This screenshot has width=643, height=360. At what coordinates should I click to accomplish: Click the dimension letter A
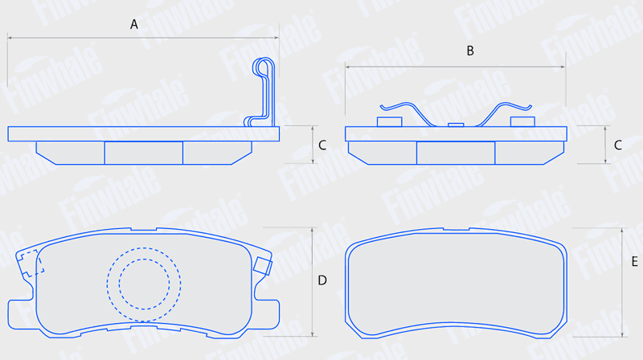[134, 25]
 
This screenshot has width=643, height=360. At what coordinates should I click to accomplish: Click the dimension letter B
[470, 51]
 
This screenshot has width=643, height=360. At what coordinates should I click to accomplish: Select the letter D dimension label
[322, 280]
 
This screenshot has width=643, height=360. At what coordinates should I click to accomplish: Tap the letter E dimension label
[634, 262]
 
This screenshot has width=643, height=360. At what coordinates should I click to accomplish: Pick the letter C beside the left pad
[322, 145]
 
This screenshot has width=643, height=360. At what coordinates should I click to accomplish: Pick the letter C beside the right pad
[618, 145]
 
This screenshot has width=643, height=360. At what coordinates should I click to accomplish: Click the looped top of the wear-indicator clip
[264, 67]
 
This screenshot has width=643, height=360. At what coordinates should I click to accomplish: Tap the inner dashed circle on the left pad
[144, 284]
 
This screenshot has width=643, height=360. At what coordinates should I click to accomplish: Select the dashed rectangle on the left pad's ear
[31, 264]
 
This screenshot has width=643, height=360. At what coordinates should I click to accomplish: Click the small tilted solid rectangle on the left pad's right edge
[263, 266]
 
